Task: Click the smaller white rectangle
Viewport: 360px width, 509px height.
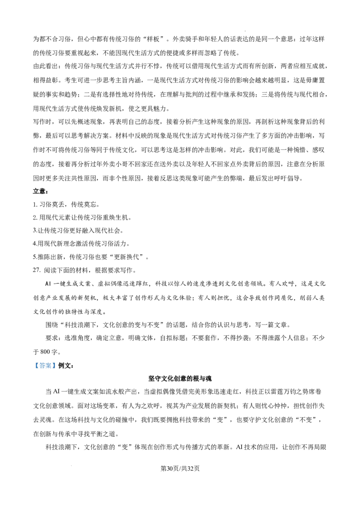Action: pos(130,278)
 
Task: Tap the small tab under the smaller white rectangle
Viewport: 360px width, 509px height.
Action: pos(130,281)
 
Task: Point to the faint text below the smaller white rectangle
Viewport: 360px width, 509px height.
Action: pos(130,283)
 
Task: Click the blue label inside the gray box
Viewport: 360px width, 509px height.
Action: pos(45,366)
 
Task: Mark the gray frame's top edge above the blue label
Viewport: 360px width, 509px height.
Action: pos(45,361)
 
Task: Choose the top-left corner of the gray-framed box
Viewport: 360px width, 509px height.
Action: pos(33,360)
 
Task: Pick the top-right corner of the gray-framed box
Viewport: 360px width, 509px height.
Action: pos(57,360)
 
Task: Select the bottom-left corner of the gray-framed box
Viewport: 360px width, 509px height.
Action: pos(33,370)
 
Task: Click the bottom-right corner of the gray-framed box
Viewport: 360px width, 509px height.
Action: pos(57,370)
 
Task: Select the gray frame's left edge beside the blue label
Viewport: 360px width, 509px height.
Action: pos(33,366)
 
